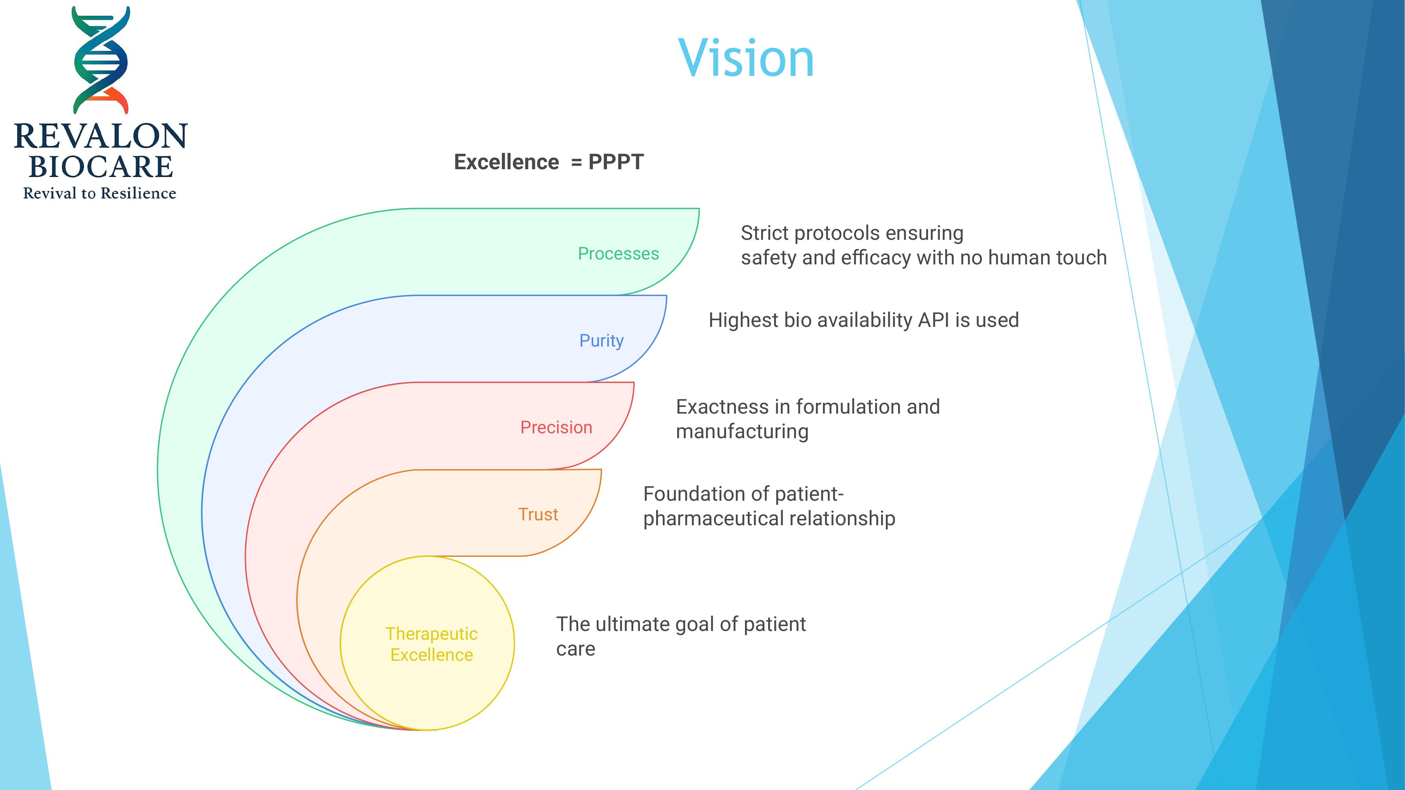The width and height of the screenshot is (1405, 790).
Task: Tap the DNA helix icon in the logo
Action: pos(101,60)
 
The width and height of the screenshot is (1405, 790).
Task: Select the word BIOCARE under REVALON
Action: pos(101,167)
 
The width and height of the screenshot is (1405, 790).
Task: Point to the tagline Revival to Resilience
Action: pos(100,193)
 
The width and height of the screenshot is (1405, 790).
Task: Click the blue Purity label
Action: pos(601,341)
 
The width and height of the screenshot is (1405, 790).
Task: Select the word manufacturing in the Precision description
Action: pos(742,431)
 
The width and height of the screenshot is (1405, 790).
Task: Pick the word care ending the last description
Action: pos(575,649)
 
